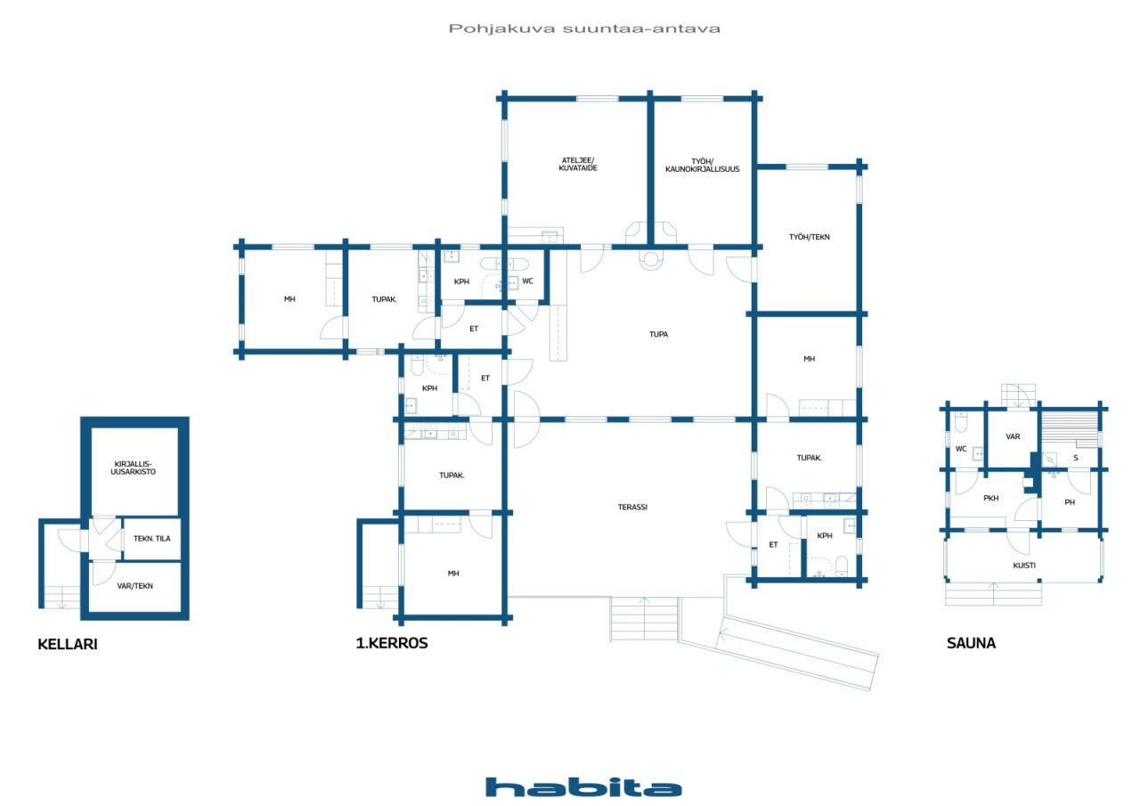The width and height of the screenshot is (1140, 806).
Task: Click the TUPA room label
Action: pyautogui.click(x=658, y=334)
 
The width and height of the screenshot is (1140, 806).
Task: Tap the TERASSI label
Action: pyautogui.click(x=632, y=507)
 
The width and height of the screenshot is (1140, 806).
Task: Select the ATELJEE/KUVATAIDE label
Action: pyautogui.click(x=578, y=164)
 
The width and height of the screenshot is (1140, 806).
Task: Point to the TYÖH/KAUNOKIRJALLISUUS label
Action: pyautogui.click(x=703, y=166)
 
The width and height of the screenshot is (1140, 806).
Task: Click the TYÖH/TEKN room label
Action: pyautogui.click(x=810, y=237)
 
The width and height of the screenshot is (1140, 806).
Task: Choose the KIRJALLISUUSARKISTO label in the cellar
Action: pyautogui.click(x=133, y=468)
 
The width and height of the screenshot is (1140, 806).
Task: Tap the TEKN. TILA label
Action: pyautogui.click(x=151, y=538)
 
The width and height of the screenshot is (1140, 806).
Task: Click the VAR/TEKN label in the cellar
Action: pyautogui.click(x=134, y=586)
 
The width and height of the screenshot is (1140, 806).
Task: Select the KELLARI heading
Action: pyautogui.click(x=67, y=644)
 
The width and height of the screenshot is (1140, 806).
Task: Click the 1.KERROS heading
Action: pyautogui.click(x=392, y=643)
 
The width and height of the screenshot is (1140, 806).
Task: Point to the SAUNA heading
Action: pyautogui.click(x=971, y=643)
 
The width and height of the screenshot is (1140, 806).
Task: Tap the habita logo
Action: pyautogui.click(x=583, y=786)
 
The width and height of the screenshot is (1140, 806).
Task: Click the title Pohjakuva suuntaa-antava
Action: pyautogui.click(x=584, y=28)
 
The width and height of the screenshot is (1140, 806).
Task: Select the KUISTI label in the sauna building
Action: pyautogui.click(x=1024, y=566)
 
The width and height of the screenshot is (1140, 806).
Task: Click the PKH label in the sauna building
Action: pyautogui.click(x=990, y=498)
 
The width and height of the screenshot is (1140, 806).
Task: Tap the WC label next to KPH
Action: pyautogui.click(x=528, y=281)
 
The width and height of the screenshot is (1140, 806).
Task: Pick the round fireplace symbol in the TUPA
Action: pyautogui.click(x=650, y=260)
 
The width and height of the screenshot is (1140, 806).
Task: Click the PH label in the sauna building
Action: pyautogui.click(x=1070, y=502)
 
